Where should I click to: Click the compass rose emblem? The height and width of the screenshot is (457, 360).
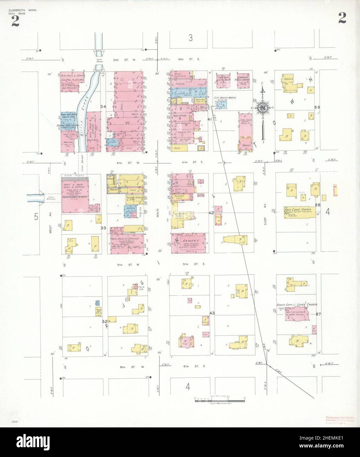pyautogui.click(x=263, y=108)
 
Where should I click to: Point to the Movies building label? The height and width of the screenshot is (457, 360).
pyautogui.click(x=245, y=145)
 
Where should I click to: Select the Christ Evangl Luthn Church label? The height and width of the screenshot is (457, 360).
pyautogui.click(x=297, y=305)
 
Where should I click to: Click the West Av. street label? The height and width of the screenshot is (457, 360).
pyautogui.click(x=51, y=227)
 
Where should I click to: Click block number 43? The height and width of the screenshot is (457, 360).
pyautogui.click(x=212, y=313)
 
